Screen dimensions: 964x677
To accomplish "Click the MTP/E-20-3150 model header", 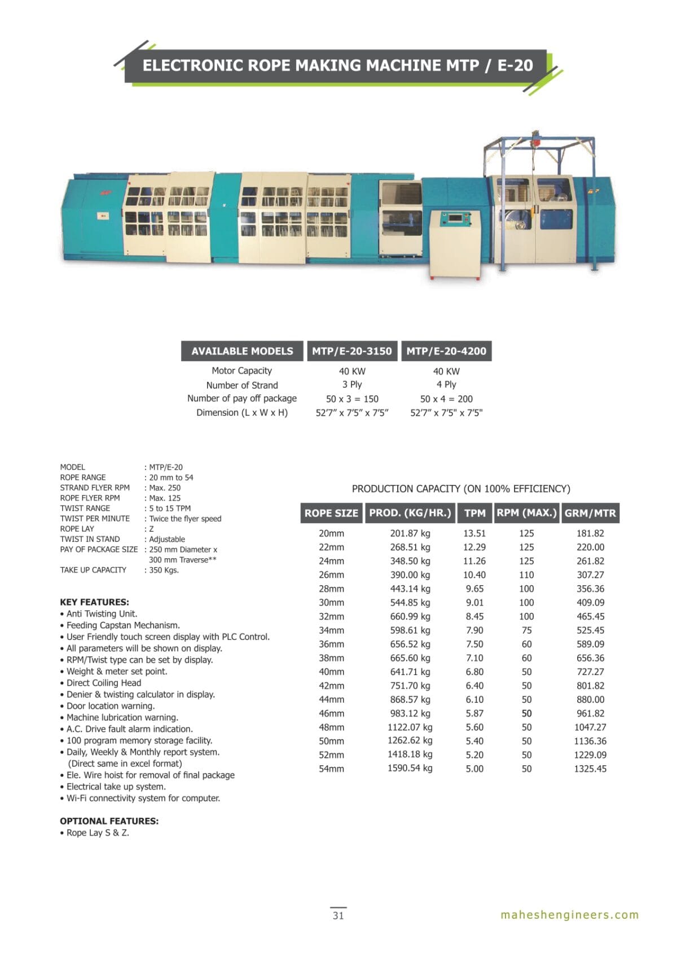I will click(351, 351).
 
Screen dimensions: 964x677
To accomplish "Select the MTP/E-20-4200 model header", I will click(446, 351).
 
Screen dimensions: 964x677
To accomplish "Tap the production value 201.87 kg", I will click(410, 533).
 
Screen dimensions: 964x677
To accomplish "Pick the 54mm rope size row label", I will click(331, 769).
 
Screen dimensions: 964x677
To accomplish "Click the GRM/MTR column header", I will click(590, 513).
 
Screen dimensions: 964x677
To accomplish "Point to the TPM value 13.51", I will click(474, 533).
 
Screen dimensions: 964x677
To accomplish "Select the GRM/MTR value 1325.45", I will click(590, 769).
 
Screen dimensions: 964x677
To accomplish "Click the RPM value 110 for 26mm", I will click(526, 575).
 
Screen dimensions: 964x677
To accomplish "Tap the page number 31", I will click(338, 915).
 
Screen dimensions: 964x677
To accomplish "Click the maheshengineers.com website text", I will click(569, 915).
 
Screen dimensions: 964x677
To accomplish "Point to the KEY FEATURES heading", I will click(94, 602).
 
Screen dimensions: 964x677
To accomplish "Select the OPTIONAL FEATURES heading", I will click(109, 821).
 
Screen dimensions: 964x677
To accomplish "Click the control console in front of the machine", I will click(455, 244).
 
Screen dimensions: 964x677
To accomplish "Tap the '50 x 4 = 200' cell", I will click(446, 399).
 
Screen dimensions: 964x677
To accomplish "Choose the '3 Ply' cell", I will click(352, 384).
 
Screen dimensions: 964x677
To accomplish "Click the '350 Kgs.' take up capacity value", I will click(164, 570).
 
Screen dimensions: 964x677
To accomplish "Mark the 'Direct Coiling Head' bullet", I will click(104, 683).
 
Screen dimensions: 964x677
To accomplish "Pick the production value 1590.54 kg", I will click(410, 769).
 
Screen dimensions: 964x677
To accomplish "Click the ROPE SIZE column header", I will click(331, 513).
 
